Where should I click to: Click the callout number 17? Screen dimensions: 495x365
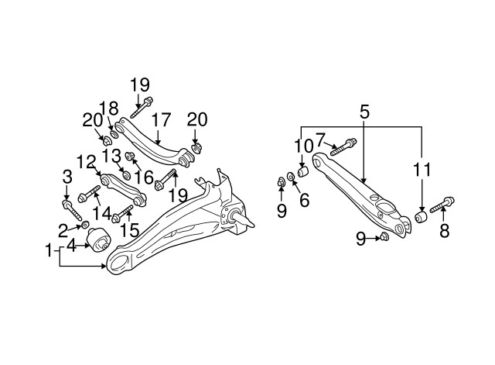pos(161,120)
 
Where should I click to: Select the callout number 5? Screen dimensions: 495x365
pos(364,112)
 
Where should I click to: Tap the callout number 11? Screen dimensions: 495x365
pos(422,170)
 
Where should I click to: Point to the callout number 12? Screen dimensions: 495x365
pos(86,162)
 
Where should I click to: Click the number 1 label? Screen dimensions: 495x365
pos(48,250)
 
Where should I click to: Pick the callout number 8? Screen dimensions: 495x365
pos(445,231)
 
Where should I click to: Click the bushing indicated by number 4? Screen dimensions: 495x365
pos(98,239)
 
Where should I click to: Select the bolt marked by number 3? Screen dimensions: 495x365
pos(72,210)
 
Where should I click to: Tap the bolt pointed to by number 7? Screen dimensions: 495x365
pos(343,147)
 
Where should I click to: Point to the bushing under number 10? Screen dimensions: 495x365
pos(303,172)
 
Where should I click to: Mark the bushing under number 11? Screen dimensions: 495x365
pos(421,217)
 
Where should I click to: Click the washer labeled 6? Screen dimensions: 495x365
pos(291,176)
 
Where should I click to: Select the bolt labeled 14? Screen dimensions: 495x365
pos(89,194)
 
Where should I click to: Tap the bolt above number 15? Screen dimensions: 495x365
pos(122,213)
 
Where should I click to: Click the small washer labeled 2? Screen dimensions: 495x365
pos(84,225)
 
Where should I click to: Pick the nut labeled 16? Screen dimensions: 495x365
pos(130,156)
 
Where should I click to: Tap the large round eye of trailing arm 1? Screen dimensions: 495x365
pos(118,260)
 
